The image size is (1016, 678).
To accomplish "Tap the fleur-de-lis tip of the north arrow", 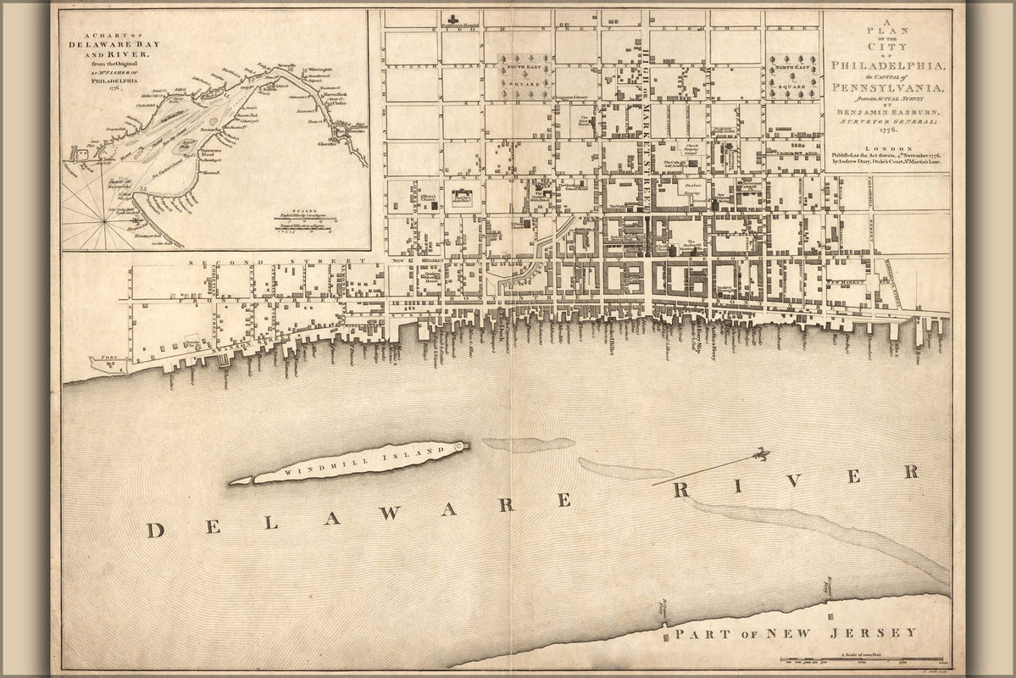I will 763,454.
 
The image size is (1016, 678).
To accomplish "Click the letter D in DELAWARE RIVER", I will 155,531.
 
